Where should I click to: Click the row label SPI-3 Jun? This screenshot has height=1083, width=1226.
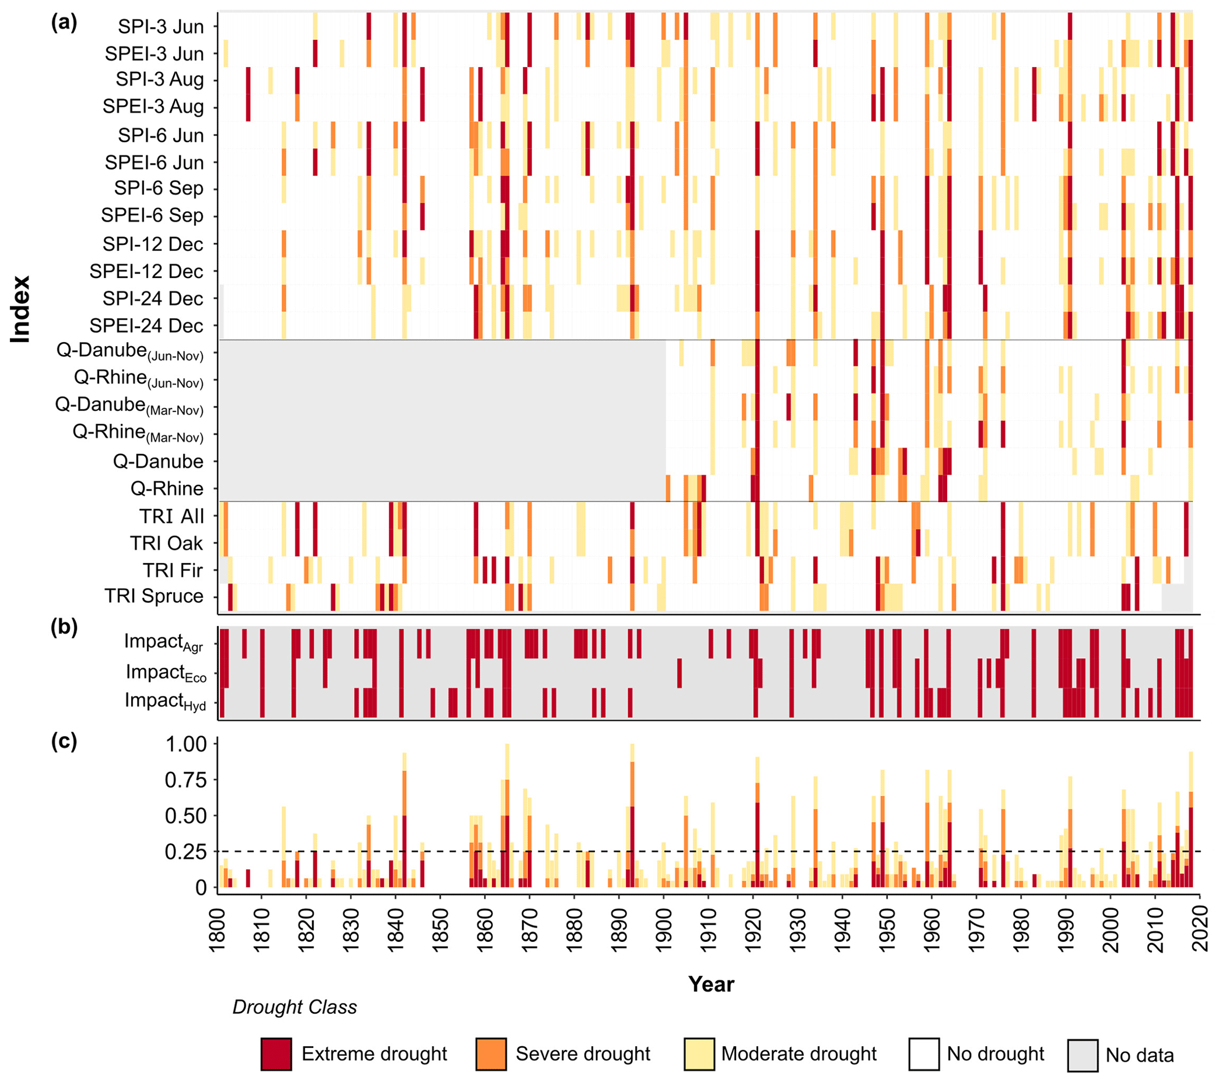tap(160, 26)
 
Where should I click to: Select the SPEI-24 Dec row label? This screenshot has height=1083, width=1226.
tap(147, 325)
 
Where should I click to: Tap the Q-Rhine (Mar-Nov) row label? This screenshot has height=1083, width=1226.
tap(138, 433)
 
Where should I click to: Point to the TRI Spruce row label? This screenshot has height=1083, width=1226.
tap(154, 596)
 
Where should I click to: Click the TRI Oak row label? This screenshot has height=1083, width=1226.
tap(166, 543)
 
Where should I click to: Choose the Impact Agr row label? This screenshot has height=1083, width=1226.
tap(163, 642)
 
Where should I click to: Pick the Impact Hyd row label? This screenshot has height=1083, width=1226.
tap(165, 701)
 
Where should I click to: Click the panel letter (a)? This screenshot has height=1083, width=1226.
tap(63, 23)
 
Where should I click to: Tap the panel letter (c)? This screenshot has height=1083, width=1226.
tap(63, 742)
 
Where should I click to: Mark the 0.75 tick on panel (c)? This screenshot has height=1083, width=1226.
tap(185, 780)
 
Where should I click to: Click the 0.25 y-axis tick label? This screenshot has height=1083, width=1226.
tap(185, 852)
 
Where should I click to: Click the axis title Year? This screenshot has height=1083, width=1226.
tap(711, 984)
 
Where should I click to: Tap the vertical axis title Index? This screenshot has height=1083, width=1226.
tap(20, 309)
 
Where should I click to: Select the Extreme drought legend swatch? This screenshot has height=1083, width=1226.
tap(276, 1054)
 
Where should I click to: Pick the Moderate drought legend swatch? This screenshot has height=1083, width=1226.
tap(699, 1054)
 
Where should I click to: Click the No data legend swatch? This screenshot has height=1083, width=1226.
tap(1082, 1055)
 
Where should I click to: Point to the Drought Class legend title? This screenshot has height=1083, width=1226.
tap(295, 1008)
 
